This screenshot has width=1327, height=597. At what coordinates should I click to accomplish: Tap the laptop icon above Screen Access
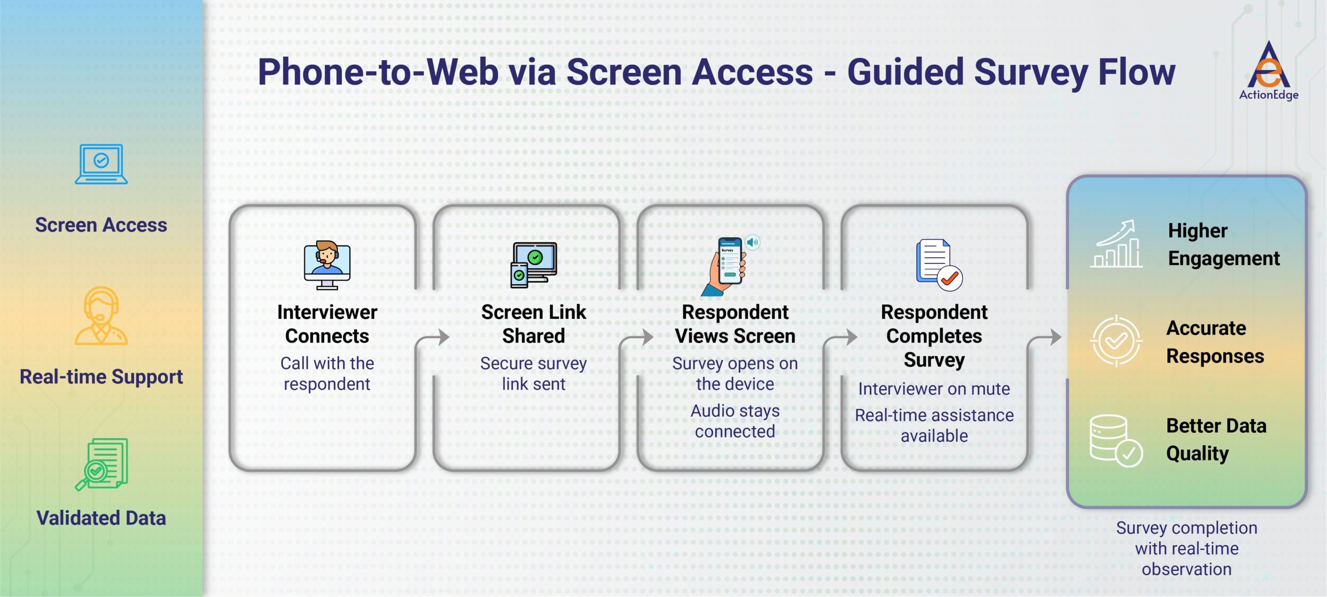click(101, 164)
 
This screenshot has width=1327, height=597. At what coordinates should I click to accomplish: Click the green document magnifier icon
click(102, 464)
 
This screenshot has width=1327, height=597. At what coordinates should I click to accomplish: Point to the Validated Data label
click(101, 518)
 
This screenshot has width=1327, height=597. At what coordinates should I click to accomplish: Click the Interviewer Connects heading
click(327, 324)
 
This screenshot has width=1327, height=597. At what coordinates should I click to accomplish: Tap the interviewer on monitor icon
click(327, 265)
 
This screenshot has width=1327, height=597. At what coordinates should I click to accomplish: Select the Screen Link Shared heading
click(533, 324)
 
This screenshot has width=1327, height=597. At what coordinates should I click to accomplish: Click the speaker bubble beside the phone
click(753, 242)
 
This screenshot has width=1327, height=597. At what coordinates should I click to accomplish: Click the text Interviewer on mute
click(934, 389)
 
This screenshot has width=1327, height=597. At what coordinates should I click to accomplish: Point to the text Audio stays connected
click(735, 421)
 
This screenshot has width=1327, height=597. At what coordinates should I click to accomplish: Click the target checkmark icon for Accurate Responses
click(1116, 341)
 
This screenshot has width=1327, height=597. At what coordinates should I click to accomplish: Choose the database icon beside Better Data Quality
click(1115, 441)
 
